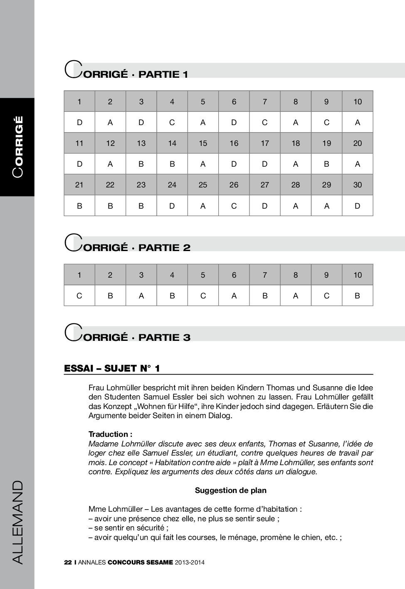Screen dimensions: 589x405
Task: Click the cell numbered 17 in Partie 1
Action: coord(265,143)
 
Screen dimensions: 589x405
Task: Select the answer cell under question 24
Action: coord(172,206)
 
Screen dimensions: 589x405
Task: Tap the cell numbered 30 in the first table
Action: coord(358,185)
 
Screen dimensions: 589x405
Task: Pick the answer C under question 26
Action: coord(234,206)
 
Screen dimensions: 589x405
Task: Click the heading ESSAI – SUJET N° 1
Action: coord(112,368)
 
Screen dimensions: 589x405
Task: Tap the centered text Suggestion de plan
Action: coord(231,490)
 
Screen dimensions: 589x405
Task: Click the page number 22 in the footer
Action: coord(68,562)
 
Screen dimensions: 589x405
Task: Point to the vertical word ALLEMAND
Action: coord(18,522)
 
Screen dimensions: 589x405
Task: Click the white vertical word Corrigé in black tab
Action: coord(18,147)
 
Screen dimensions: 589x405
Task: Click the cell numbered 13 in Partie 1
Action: coord(141,143)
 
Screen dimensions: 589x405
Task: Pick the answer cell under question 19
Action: coord(326,164)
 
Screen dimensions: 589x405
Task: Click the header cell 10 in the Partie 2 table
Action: coord(358,275)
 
